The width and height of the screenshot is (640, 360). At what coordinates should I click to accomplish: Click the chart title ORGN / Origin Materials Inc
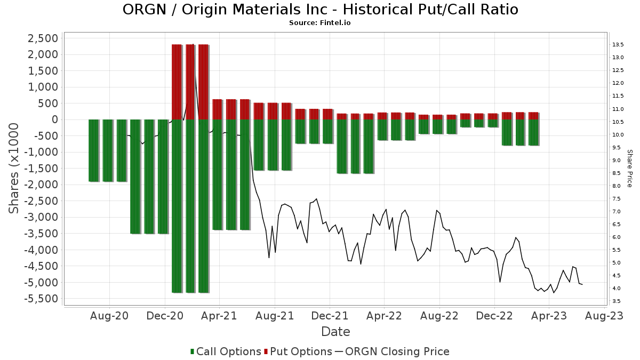tap(320, 10)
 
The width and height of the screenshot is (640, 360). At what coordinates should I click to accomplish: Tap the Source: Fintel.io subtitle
tap(320, 23)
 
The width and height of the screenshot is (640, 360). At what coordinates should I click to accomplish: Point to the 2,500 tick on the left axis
tap(43, 38)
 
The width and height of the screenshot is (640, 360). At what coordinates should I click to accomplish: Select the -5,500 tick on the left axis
tap(41, 299)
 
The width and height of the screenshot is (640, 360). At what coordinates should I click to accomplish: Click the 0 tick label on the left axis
tap(55, 119)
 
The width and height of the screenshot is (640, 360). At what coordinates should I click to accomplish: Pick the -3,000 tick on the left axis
tap(41, 217)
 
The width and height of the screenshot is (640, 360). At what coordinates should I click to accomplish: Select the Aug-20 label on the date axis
tap(110, 316)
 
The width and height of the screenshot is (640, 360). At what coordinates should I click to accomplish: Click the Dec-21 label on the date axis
tap(330, 316)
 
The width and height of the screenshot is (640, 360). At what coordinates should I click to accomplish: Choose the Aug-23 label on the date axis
tap(604, 316)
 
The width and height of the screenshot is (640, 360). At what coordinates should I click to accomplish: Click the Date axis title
tap(335, 332)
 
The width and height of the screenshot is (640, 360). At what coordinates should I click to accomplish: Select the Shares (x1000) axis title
tap(15, 168)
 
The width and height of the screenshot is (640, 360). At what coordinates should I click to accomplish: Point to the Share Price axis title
tap(629, 168)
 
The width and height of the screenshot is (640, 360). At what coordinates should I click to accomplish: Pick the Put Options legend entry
tap(301, 351)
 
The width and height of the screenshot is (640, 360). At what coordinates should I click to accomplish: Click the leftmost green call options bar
tap(94, 150)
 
